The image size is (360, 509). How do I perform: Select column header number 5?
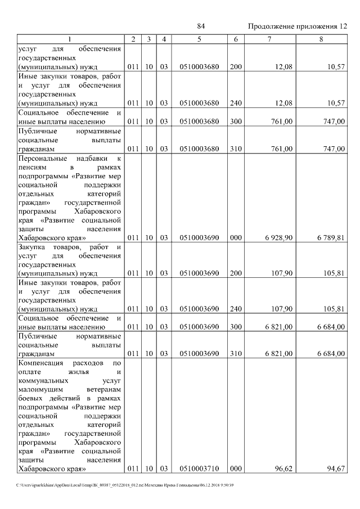(200, 39)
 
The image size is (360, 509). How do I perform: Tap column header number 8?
(321, 39)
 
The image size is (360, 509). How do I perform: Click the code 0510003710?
(200, 468)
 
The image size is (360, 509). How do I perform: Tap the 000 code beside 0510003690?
(236, 238)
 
